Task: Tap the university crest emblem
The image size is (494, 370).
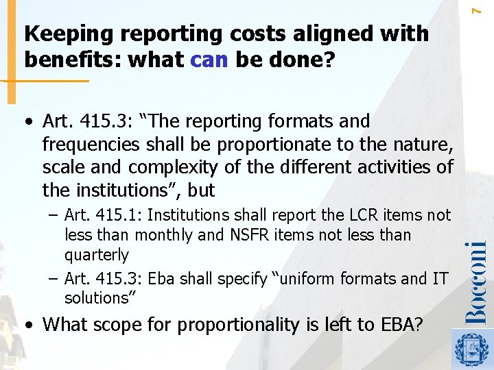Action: tap(472, 349)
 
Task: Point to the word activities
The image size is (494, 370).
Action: tap(389, 166)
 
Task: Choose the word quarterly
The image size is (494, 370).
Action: tap(97, 255)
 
